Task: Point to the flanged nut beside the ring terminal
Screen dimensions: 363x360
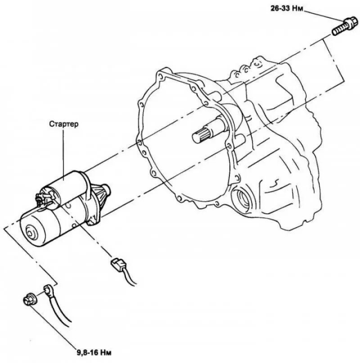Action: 29,299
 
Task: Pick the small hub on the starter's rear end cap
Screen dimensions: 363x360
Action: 31,233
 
